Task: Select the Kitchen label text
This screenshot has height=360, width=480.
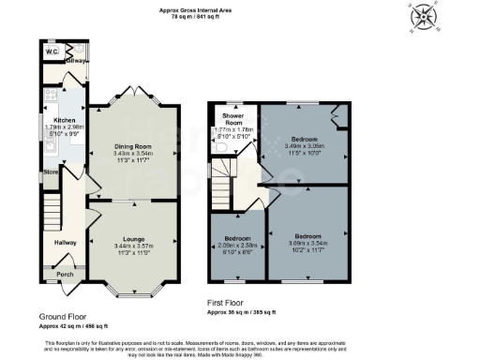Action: click(64, 120)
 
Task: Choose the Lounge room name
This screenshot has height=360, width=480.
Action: click(132, 239)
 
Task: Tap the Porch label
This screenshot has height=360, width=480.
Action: click(65, 275)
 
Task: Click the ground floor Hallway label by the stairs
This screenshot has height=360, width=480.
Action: click(64, 242)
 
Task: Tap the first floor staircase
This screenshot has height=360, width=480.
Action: click(221, 178)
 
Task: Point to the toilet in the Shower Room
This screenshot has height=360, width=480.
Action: click(218, 147)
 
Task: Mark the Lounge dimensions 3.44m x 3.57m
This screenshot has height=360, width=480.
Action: click(132, 246)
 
